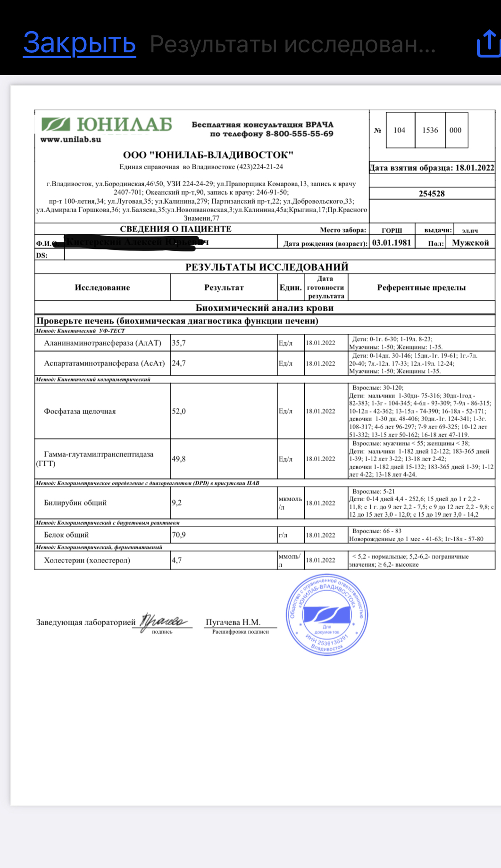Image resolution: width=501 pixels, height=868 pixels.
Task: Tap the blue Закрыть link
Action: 80,43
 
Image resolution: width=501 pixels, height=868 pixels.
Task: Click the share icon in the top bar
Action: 489,44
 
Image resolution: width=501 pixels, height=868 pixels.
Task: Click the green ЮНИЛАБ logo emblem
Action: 56,124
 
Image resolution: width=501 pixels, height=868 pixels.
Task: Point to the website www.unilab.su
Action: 71,140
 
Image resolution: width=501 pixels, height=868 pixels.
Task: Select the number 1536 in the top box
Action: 430,130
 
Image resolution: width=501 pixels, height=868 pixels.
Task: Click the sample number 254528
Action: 432,193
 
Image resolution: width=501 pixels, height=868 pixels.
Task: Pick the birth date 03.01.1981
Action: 392,243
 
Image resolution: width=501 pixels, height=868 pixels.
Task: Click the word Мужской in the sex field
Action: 470,243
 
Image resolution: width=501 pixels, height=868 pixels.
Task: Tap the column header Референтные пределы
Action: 421,288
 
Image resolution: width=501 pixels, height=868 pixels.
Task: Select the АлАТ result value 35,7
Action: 179,343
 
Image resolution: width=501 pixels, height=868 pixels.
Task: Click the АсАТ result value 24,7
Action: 179,363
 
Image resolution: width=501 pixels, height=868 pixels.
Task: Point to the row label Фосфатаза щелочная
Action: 80,411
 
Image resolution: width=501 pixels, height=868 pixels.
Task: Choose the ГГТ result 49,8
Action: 179,459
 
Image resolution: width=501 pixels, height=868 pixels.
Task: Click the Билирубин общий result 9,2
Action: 177,503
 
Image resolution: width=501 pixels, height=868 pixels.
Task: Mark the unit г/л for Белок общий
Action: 283,535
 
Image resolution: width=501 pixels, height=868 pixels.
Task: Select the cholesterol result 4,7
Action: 177,560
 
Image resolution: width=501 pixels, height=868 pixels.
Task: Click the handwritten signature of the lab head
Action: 163,621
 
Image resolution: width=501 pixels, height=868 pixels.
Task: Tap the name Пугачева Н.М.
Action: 233,622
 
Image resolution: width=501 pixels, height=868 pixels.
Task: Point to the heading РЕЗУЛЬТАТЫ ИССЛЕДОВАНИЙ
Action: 267,267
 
